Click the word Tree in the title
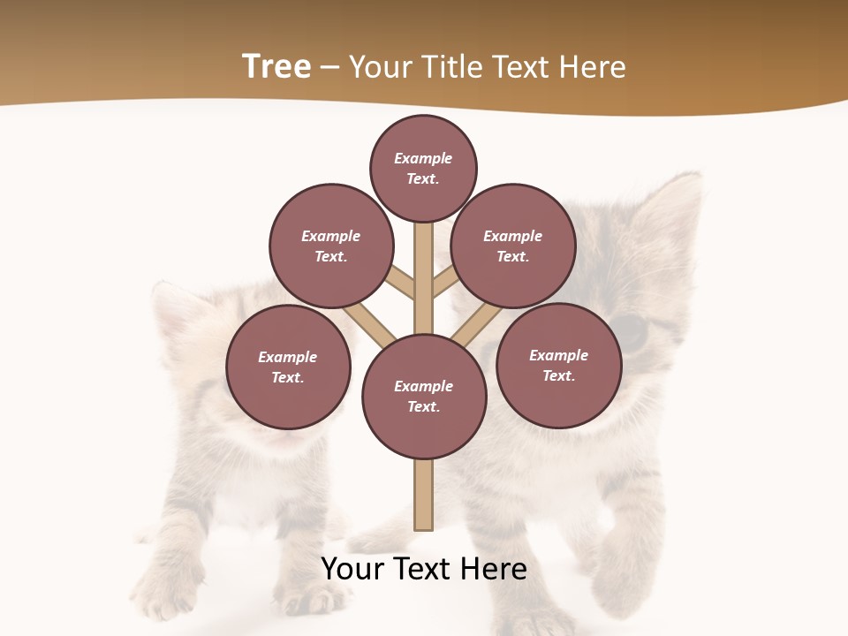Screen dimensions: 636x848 click(x=276, y=67)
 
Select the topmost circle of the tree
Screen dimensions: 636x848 click(x=423, y=168)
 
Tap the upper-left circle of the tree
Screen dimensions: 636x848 click(x=331, y=246)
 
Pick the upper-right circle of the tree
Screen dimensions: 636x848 click(x=513, y=246)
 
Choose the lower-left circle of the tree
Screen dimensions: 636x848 click(x=288, y=367)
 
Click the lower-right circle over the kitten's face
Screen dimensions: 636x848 click(x=558, y=365)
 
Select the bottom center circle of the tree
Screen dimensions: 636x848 click(x=424, y=396)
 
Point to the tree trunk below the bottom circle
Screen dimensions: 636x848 click(x=423, y=495)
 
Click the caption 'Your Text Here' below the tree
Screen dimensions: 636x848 click(x=424, y=569)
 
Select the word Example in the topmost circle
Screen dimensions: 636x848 click(x=423, y=158)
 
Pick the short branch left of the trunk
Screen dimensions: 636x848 click(x=400, y=283)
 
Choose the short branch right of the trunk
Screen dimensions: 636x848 click(x=445, y=284)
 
